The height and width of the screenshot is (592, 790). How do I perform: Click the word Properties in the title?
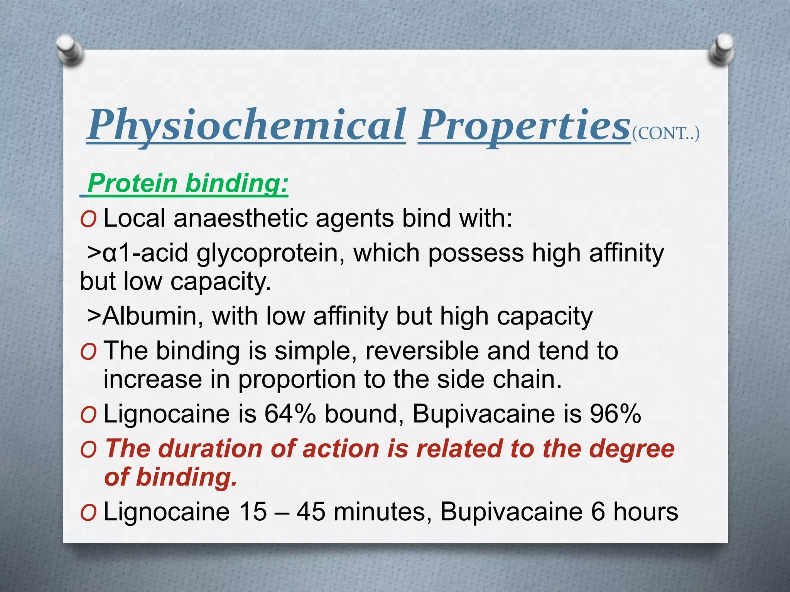524,125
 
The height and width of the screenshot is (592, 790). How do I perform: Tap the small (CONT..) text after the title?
665,133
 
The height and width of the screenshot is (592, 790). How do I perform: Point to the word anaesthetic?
241,218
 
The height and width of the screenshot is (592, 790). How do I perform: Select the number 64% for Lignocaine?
290,414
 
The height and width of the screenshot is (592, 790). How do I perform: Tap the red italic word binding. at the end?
186,477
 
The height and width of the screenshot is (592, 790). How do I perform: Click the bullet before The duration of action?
88,450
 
